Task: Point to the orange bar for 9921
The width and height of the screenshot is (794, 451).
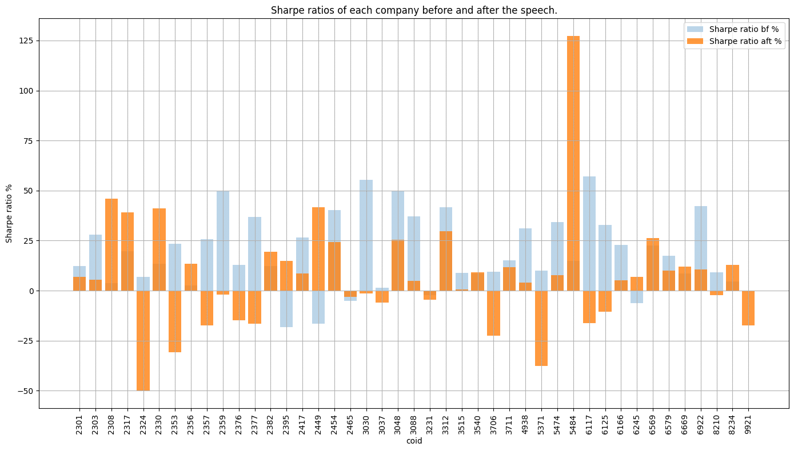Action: pos(748,308)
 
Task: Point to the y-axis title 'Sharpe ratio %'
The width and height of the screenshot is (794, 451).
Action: pos(10,213)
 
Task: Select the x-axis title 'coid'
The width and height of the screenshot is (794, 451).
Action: pos(414,441)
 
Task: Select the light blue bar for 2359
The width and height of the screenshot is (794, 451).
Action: pos(223,240)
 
